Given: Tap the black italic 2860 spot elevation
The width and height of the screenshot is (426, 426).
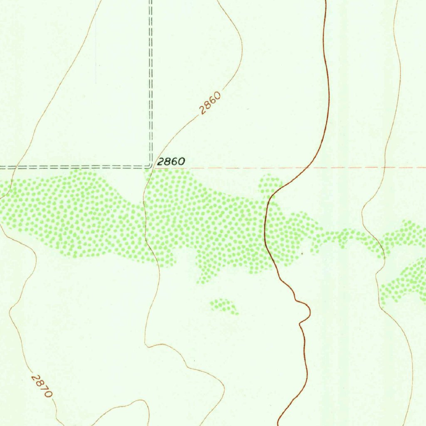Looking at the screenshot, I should [171, 162].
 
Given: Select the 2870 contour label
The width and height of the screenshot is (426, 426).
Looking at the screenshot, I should [42, 386].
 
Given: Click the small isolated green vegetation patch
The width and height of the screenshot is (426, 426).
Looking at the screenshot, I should [223, 306].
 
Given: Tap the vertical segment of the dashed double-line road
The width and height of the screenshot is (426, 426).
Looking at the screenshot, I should [151, 83].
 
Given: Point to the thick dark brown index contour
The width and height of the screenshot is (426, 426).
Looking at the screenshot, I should [328, 83].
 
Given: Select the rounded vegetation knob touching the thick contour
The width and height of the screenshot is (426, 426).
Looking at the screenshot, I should [270, 184].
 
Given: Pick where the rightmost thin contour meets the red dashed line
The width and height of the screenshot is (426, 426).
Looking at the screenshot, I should [385, 168].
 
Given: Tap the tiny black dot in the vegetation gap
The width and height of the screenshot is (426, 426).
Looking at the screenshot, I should [302, 253].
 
